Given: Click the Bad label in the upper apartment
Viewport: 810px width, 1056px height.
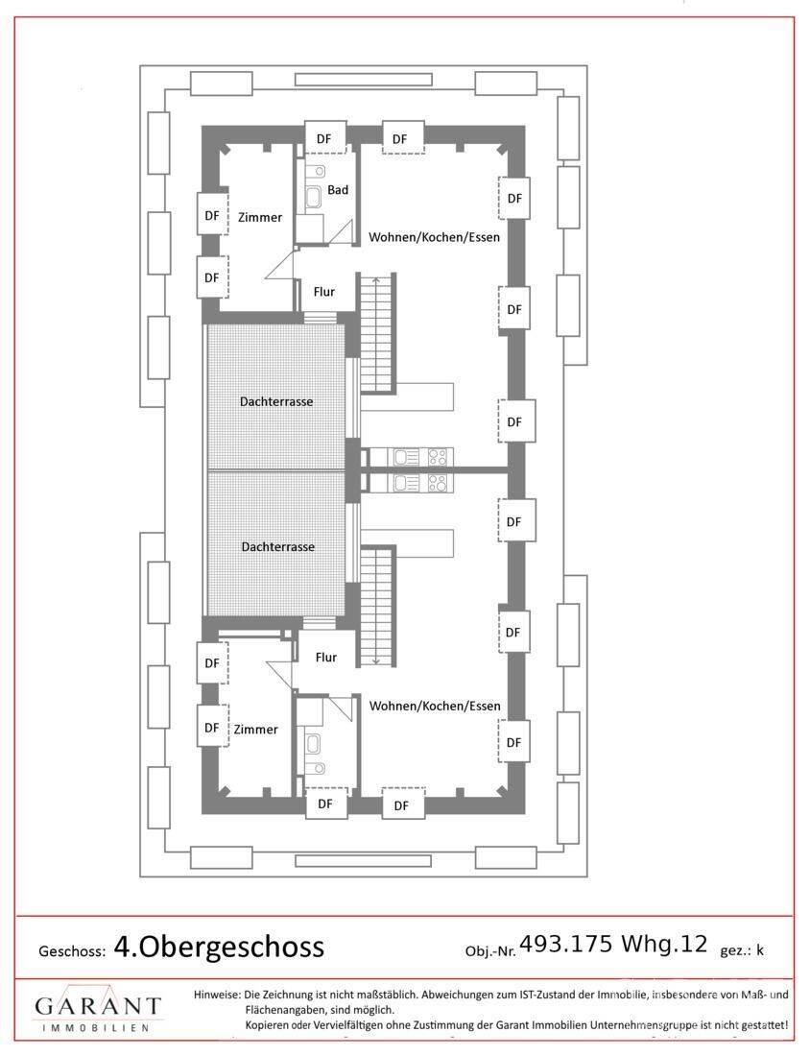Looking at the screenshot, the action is (x=337, y=190).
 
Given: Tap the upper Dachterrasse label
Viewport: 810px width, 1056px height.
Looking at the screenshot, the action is (x=276, y=401).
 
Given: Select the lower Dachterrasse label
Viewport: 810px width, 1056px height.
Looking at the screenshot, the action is (x=278, y=547).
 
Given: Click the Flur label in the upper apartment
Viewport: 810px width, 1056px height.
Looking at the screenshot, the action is (x=323, y=292).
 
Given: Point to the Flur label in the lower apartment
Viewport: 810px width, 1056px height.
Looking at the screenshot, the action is (x=326, y=658).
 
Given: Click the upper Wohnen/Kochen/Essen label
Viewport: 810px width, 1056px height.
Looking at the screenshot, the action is (x=435, y=237).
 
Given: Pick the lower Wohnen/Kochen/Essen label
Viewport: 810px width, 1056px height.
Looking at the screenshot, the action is (x=435, y=706).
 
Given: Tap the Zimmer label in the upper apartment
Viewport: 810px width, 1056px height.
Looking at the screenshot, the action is (x=260, y=218).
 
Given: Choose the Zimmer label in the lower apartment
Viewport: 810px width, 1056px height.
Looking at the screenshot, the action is (x=256, y=730).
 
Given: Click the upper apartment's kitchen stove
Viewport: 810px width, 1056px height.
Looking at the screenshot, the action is (x=437, y=457).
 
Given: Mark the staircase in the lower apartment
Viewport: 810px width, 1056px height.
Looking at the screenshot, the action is (x=377, y=606).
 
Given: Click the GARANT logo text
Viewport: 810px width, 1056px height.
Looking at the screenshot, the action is (x=98, y=1006).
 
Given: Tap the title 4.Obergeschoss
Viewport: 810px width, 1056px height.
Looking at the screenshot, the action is (x=219, y=947).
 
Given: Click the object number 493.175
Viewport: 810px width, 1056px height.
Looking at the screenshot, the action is (x=566, y=945).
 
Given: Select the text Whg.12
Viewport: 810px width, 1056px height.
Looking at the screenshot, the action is (x=664, y=945).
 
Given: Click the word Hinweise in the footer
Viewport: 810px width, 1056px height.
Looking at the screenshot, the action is (x=217, y=995).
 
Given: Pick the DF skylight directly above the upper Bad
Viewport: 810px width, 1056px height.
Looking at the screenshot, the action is (x=324, y=139).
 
